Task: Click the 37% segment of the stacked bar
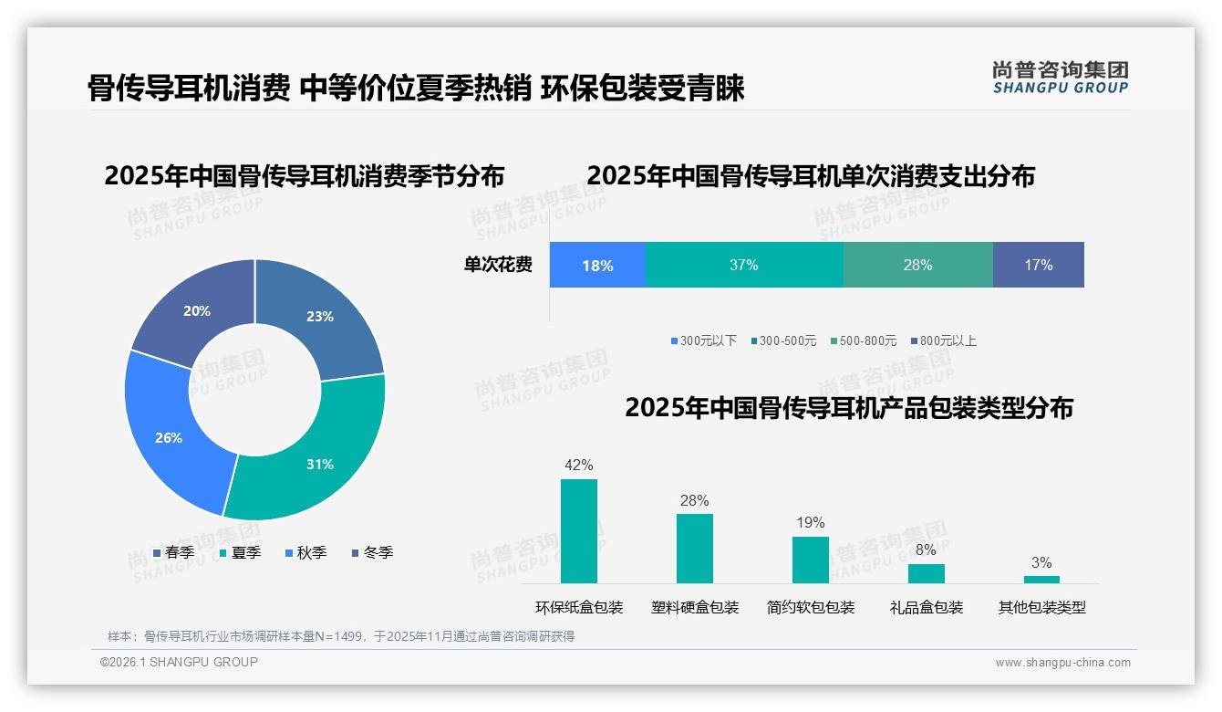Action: (x=744, y=265)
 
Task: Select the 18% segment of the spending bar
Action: (x=597, y=265)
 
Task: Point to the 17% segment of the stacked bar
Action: (x=1038, y=265)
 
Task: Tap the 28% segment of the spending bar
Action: (x=917, y=265)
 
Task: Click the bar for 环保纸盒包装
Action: (x=579, y=531)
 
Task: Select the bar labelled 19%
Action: (x=811, y=560)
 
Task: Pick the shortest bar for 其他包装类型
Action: (x=1041, y=579)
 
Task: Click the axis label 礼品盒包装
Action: (x=927, y=607)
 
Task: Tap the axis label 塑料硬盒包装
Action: (x=695, y=607)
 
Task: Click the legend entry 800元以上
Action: (x=943, y=340)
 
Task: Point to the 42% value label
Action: (x=579, y=465)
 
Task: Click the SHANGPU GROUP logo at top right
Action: (x=1061, y=78)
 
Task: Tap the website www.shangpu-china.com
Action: (x=1062, y=663)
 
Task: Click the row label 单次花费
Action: (x=498, y=265)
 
